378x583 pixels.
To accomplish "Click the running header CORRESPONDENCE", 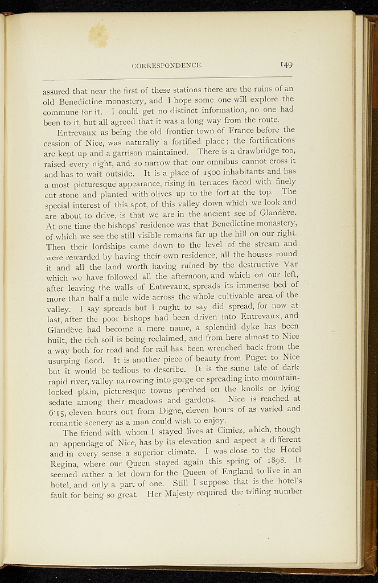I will [167, 65].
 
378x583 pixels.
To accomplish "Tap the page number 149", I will [285, 65].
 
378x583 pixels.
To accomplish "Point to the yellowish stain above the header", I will [99, 35].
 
